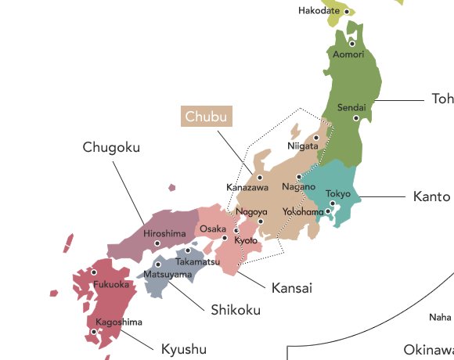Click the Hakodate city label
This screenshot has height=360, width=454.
319,11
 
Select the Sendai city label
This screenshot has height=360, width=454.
351,107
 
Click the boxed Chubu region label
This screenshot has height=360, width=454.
207,117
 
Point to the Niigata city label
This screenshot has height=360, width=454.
302,146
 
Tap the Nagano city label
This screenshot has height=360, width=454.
298,188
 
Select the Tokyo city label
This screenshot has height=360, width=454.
338,193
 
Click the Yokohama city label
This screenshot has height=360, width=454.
303,212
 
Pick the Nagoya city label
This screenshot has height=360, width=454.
251,212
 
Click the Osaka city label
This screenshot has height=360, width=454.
212,229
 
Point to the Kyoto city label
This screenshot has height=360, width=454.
246,240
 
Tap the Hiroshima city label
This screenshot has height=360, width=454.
164,233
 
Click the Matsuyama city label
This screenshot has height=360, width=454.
168,275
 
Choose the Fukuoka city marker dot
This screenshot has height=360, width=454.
94,273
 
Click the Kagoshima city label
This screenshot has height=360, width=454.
119,322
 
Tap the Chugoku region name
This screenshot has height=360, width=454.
112,147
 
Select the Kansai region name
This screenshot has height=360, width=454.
291,288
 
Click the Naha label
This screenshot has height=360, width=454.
440,317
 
